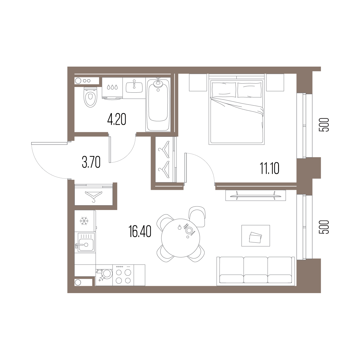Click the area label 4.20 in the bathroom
117,119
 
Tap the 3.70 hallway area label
91,162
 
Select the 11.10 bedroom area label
270,168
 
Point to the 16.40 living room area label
140,231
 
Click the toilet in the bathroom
91,97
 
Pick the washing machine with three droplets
112,88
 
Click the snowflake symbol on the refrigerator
84,221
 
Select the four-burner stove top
123,275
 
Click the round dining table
181,238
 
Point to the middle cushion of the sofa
256,270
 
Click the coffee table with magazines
256,236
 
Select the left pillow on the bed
223,90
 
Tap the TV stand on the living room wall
256,195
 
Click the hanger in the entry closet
94,196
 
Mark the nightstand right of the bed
275,82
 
